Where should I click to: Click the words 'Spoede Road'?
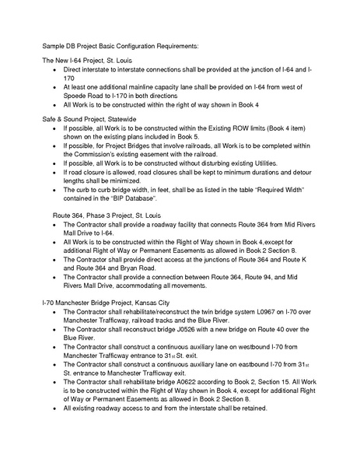click(82, 96)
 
